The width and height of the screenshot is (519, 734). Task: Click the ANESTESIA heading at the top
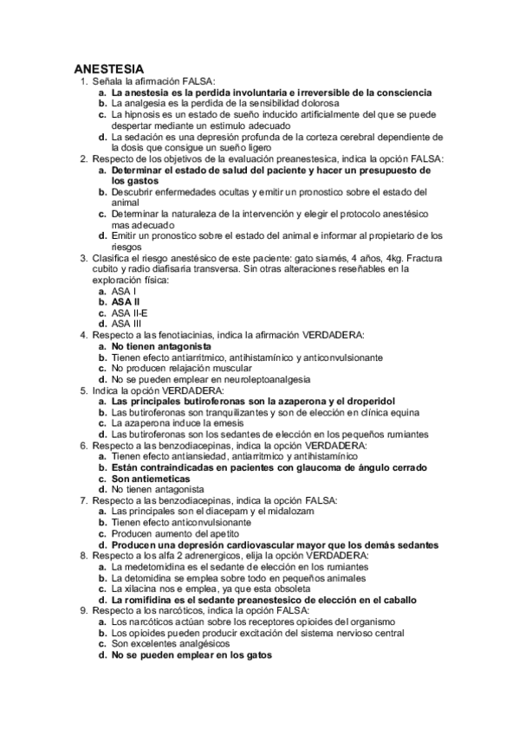(108, 68)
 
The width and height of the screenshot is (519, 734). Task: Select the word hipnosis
(140, 113)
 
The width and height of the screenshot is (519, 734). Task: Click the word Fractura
(417, 259)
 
